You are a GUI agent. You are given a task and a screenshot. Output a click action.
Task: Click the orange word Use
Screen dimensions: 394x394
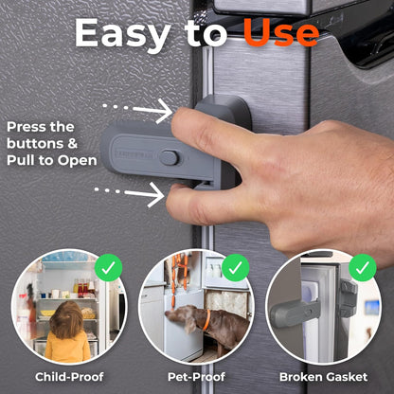(281, 32)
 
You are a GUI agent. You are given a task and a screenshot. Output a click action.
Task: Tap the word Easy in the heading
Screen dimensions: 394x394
(123, 33)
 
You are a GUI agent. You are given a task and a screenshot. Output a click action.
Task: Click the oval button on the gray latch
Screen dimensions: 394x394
(170, 158)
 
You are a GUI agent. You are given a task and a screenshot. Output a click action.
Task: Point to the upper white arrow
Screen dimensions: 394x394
(137, 110)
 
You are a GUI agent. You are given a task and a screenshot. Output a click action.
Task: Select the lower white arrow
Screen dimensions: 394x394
(130, 193)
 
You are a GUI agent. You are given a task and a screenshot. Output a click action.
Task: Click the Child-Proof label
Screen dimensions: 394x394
(69, 377)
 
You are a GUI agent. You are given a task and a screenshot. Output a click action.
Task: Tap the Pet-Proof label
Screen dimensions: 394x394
(196, 377)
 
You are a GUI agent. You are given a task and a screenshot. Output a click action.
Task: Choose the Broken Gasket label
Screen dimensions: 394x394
(324, 377)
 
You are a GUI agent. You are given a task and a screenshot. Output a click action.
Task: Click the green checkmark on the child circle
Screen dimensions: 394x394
(108, 268)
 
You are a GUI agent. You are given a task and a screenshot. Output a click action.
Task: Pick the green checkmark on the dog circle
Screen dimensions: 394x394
(236, 268)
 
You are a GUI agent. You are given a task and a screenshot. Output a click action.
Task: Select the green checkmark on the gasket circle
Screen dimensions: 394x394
(363, 268)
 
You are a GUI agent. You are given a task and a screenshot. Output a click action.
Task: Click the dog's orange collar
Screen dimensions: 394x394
(206, 320)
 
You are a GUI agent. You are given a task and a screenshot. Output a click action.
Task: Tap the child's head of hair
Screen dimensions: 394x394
(66, 319)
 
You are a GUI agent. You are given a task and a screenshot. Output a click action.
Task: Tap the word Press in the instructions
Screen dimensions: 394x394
(27, 127)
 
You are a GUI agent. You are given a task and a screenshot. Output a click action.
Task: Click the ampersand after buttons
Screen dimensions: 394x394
(72, 144)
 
